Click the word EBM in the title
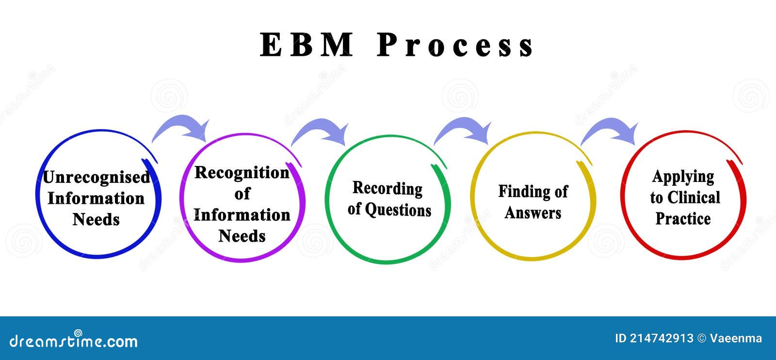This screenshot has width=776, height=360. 306,45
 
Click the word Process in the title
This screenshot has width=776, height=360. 455,46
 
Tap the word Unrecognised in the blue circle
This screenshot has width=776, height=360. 96,178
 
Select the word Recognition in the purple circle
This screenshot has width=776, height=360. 242,173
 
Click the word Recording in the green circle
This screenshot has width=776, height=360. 387,188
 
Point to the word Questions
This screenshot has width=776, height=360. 398,210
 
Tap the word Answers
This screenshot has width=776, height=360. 533,213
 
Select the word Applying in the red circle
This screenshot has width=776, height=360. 683,177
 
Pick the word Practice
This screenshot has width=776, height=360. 683,219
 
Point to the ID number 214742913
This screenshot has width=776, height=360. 662,339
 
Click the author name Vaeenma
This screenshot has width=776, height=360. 735,339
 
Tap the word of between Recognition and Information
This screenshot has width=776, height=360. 242,194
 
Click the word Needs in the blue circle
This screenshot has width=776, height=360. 96,220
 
